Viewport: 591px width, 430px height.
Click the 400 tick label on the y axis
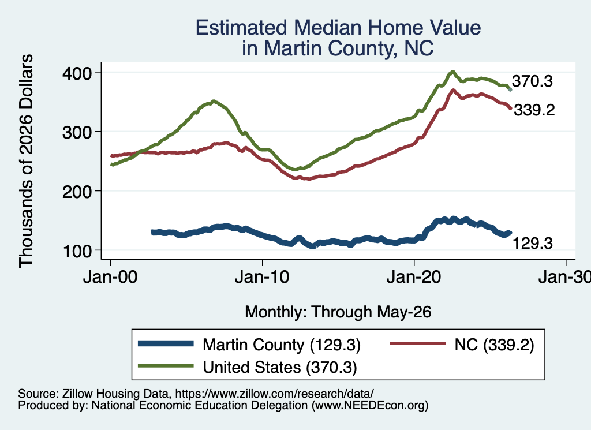pyautogui.click(x=77, y=73)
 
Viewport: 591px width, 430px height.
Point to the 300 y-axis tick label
pyautogui.click(x=77, y=132)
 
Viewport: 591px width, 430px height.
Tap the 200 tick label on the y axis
pyautogui.click(x=77, y=192)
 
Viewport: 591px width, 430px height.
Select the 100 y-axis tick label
pyautogui.click(x=77, y=252)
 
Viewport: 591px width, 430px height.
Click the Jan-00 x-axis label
pyautogui.click(x=110, y=277)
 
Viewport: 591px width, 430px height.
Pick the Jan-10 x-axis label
pyautogui.click(x=262, y=277)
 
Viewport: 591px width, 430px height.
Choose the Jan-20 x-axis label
pyautogui.click(x=414, y=277)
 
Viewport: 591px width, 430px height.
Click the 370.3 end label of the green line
pyautogui.click(x=532, y=81)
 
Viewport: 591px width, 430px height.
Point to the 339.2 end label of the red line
pyautogui.click(x=534, y=110)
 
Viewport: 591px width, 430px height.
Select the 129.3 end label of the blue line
pyautogui.click(x=533, y=244)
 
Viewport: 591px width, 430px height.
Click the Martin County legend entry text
pyautogui.click(x=282, y=345)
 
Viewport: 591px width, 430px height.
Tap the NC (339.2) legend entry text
pyautogui.click(x=494, y=345)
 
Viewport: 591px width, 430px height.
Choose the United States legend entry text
pyautogui.click(x=280, y=368)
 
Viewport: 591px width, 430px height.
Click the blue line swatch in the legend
pyautogui.click(x=166, y=343)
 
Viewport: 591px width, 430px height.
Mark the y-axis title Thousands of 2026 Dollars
pyautogui.click(x=26, y=161)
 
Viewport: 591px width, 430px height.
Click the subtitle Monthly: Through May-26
pyautogui.click(x=338, y=312)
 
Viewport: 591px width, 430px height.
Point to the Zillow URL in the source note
pyautogui.click(x=274, y=394)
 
